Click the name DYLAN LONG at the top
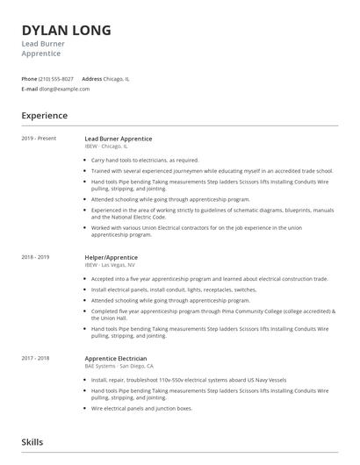[x=66, y=31]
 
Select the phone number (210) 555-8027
[x=56, y=78]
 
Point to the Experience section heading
[x=44, y=116]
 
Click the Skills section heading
[x=32, y=442]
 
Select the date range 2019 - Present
[x=38, y=139]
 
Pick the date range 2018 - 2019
[x=35, y=257]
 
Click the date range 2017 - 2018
[x=35, y=358]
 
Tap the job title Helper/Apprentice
[x=111, y=257]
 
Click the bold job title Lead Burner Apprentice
[x=119, y=139]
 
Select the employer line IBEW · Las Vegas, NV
[x=110, y=264]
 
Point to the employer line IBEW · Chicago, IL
[x=106, y=147]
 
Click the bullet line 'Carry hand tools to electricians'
[x=145, y=161]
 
